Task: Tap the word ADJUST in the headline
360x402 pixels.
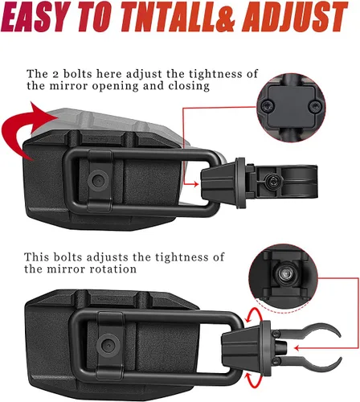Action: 295,16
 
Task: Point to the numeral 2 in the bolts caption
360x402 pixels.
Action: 55,74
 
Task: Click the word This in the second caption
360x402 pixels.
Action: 37,257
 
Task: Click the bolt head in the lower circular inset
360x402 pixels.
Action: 284,273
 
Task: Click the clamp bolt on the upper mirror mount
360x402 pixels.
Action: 272,182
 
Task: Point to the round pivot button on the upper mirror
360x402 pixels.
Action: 98,180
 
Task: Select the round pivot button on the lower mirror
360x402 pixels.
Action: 108,346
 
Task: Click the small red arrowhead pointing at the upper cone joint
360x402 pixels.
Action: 195,184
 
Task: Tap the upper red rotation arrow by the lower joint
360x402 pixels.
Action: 252,315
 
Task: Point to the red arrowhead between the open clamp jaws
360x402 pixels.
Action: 297,348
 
